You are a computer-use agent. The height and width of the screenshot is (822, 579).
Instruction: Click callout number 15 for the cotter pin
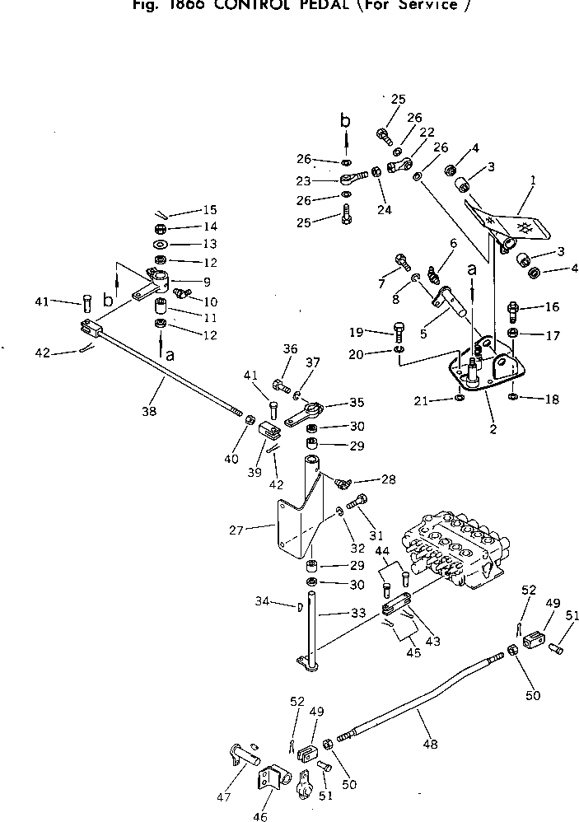coord(210,210)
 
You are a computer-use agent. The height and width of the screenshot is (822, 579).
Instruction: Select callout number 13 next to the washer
coord(210,245)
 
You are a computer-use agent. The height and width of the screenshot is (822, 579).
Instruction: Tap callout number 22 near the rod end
coord(426,133)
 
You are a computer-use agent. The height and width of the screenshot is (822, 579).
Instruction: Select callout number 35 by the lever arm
coord(356,404)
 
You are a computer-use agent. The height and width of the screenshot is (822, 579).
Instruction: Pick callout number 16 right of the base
coord(551,307)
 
